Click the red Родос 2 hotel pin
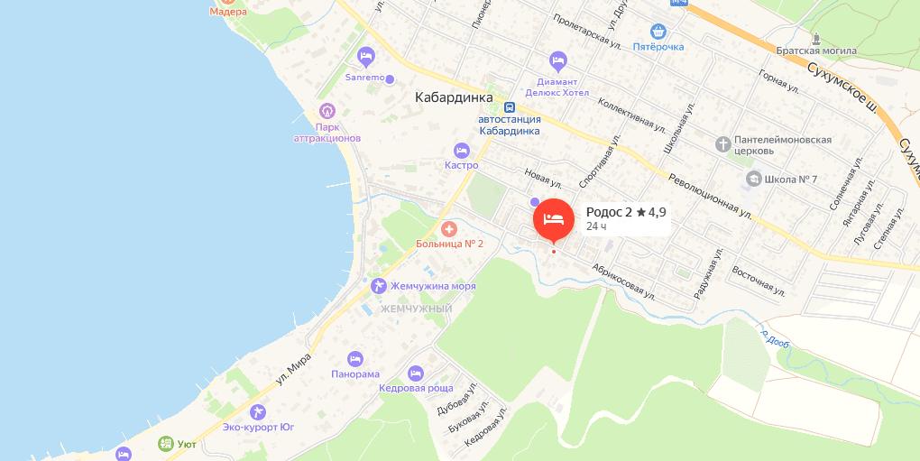click(554, 219)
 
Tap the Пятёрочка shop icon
click(658, 31)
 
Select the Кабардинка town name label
click(454, 97)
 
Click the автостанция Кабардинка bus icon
click(510, 106)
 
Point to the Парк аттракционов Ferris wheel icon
click(327, 112)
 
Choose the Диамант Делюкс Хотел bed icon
click(557, 61)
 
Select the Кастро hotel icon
click(462, 150)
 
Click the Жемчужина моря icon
click(378, 286)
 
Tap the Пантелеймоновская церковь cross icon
click(722, 144)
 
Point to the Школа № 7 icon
click(752, 179)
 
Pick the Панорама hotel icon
click(354, 358)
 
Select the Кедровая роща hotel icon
click(415, 373)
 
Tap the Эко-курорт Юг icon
click(259, 412)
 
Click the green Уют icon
click(165, 444)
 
